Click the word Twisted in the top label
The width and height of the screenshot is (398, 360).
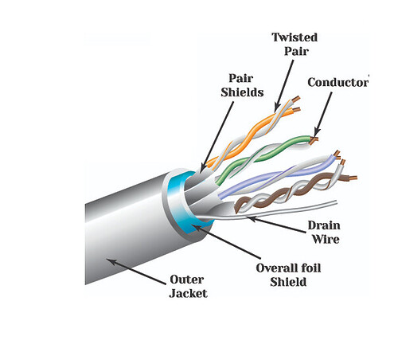click(295, 37)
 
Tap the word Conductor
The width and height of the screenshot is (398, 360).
click(338, 82)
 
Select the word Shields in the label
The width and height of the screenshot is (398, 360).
click(242, 92)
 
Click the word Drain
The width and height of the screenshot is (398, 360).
click(324, 225)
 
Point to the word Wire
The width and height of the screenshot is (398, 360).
click(326, 239)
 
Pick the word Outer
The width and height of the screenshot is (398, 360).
click(187, 280)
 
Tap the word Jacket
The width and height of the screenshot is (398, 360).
click(189, 294)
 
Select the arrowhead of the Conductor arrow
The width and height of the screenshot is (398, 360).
click(316, 133)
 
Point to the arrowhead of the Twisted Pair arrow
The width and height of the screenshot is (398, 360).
click(276, 108)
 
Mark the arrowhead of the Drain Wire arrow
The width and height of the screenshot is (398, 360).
click(252, 218)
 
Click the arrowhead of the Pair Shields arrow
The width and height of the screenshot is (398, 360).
click(201, 169)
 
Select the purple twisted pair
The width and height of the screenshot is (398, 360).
click(276, 175)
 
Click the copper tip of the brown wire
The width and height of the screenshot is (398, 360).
click(353, 178)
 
